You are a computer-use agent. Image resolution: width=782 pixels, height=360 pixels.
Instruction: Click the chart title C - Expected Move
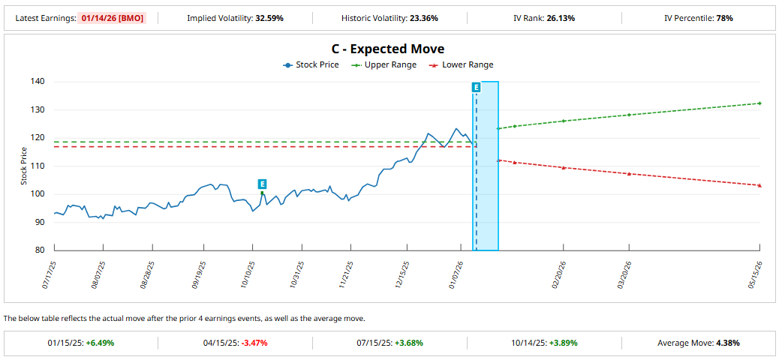click(x=388, y=49)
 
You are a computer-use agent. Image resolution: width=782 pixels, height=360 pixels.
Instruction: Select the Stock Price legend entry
click(x=311, y=64)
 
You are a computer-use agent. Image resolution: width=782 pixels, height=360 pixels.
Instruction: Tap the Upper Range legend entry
click(x=383, y=64)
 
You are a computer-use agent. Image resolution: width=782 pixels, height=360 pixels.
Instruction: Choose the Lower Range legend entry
click(x=462, y=64)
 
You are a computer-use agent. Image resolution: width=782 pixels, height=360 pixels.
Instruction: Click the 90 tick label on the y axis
click(x=41, y=223)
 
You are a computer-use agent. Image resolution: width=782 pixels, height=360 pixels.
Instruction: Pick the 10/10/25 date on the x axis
click(x=248, y=274)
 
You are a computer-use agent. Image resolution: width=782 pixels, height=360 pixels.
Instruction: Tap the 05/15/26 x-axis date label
click(x=756, y=274)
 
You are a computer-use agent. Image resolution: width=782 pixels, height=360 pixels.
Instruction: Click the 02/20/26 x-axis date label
click(x=560, y=274)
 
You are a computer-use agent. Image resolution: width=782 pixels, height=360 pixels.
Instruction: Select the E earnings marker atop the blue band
click(x=477, y=88)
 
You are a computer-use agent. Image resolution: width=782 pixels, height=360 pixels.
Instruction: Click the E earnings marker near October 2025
click(x=262, y=184)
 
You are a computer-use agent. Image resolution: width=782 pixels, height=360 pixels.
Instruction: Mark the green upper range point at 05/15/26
click(x=759, y=103)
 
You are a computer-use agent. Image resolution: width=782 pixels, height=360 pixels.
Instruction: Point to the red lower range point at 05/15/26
click(x=759, y=185)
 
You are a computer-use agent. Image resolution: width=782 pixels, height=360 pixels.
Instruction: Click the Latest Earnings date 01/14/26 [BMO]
click(x=111, y=19)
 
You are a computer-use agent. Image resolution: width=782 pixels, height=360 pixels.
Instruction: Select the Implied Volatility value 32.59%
click(x=269, y=19)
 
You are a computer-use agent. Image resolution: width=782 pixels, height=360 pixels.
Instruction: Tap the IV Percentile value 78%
click(x=725, y=19)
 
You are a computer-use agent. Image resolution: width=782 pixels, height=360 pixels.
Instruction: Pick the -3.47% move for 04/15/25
click(x=254, y=343)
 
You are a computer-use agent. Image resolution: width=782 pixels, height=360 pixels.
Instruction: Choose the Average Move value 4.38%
click(x=728, y=343)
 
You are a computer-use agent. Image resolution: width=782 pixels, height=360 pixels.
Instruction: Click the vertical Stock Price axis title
click(x=24, y=166)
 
